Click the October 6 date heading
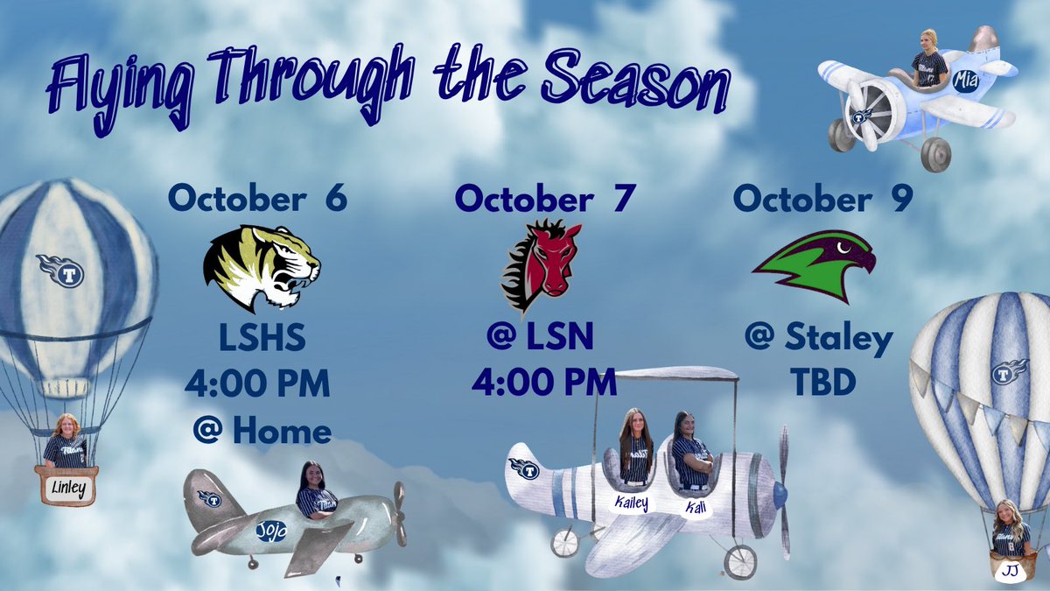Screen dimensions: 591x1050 click(257, 199)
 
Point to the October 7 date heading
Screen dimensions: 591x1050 click(543, 199)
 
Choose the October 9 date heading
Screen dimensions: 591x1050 click(822, 199)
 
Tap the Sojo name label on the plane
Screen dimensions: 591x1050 click(271, 529)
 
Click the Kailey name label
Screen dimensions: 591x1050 click(631, 503)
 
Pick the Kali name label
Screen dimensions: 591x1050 click(695, 507)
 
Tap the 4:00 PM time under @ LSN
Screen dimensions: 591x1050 click(543, 382)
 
